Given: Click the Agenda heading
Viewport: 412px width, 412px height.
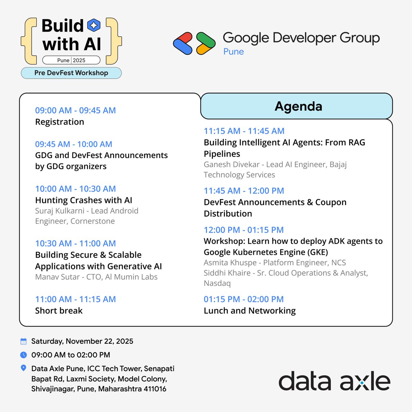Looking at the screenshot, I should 298,106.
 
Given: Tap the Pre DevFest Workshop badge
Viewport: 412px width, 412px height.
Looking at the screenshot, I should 71,73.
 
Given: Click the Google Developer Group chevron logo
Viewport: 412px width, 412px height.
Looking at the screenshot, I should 194,43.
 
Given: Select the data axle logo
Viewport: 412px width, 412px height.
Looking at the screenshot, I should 334,381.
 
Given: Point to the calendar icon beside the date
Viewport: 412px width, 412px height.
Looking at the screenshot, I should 23,341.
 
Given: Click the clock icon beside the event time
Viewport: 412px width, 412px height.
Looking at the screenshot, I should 23,355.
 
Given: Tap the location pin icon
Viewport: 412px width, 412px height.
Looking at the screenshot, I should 23,368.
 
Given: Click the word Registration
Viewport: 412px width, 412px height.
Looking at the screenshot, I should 59,122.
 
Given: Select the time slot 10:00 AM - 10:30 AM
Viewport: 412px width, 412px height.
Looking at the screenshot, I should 75,189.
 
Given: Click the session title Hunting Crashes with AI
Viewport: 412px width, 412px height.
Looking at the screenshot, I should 83,200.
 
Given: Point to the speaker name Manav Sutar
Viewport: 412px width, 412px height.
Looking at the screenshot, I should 57,277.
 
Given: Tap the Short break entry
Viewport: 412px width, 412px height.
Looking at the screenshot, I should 59,311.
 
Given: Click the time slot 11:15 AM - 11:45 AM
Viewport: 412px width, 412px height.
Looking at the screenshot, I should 244,131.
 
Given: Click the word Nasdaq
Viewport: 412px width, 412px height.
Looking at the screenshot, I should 217,283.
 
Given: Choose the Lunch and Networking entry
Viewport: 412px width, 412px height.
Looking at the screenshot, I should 250,311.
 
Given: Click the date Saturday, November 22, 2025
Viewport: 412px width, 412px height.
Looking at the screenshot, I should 82,341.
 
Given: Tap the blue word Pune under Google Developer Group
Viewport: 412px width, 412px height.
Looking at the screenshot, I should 233,51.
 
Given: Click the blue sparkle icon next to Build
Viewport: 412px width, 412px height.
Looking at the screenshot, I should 94,25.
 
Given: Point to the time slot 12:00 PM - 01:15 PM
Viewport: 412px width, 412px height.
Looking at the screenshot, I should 243,230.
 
